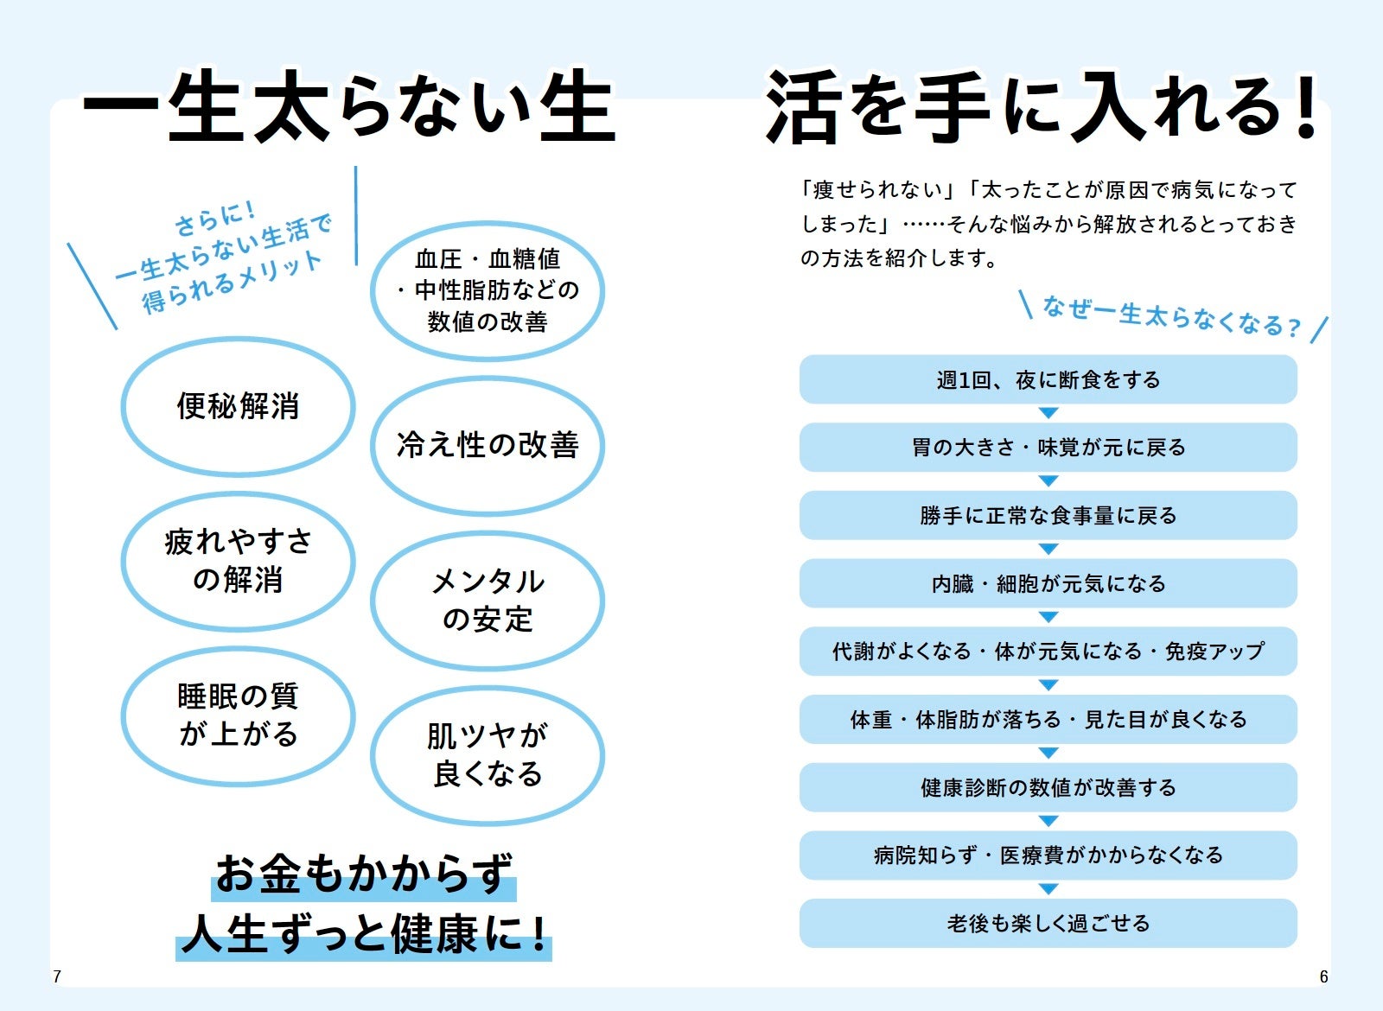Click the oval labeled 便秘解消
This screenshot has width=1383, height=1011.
click(x=238, y=406)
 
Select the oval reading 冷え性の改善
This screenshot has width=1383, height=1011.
click(x=488, y=446)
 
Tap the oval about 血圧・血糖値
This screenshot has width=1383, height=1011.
click(x=488, y=290)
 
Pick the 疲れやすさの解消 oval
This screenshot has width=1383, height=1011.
click(x=238, y=561)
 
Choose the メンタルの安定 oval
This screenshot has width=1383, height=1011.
click(x=488, y=601)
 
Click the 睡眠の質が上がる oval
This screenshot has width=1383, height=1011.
click(x=238, y=715)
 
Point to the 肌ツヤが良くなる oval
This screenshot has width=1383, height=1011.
click(x=488, y=755)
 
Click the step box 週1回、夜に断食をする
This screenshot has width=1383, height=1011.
click(x=1048, y=379)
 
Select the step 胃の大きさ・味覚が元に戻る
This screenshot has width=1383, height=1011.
click(x=1048, y=448)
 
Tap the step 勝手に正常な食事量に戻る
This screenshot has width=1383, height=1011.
click(x=1048, y=516)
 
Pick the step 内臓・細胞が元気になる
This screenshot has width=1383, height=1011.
click(x=1048, y=584)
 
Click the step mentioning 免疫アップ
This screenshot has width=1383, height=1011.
click(x=1048, y=652)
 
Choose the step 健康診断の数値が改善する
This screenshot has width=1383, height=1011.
click(x=1048, y=787)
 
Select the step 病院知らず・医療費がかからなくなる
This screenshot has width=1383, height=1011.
click(x=1048, y=855)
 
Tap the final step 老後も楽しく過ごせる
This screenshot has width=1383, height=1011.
click(x=1048, y=924)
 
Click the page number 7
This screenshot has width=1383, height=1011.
click(x=57, y=977)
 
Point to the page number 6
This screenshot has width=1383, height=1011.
click(x=1323, y=977)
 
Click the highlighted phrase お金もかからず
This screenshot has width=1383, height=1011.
click(x=364, y=874)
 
